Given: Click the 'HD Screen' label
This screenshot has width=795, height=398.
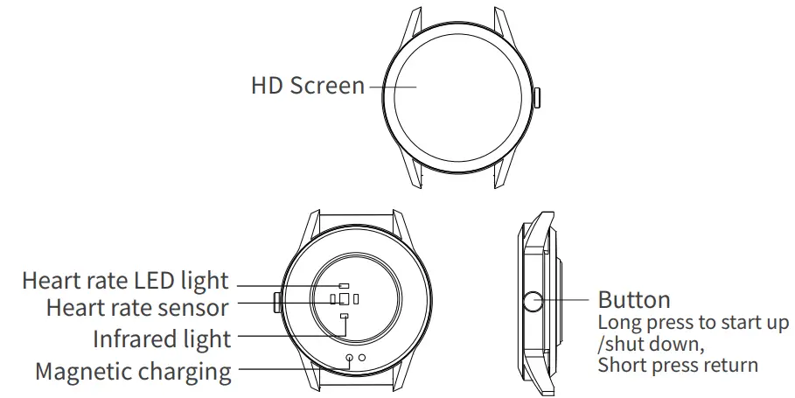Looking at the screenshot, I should [x=307, y=86].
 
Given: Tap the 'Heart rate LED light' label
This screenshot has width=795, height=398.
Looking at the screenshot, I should [x=124, y=282].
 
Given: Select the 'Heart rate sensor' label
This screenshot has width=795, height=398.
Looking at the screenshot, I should [x=137, y=308].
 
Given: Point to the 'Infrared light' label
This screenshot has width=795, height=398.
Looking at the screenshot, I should [x=162, y=339].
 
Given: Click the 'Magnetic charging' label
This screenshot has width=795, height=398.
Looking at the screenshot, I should [x=133, y=371].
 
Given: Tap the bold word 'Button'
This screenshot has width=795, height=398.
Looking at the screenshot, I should [x=634, y=301].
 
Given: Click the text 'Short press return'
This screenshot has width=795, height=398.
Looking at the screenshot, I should [x=678, y=364].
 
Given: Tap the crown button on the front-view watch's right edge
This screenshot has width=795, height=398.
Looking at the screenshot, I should [x=537, y=96].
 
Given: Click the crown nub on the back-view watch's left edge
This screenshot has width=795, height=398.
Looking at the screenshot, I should [x=277, y=303].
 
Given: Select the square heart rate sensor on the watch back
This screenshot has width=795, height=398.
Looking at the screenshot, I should [x=344, y=299].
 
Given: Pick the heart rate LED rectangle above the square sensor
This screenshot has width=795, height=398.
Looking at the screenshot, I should [x=344, y=285].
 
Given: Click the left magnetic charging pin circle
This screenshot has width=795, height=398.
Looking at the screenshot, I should [x=350, y=358].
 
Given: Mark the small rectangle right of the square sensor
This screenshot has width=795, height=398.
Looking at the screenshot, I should [x=356, y=299].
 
